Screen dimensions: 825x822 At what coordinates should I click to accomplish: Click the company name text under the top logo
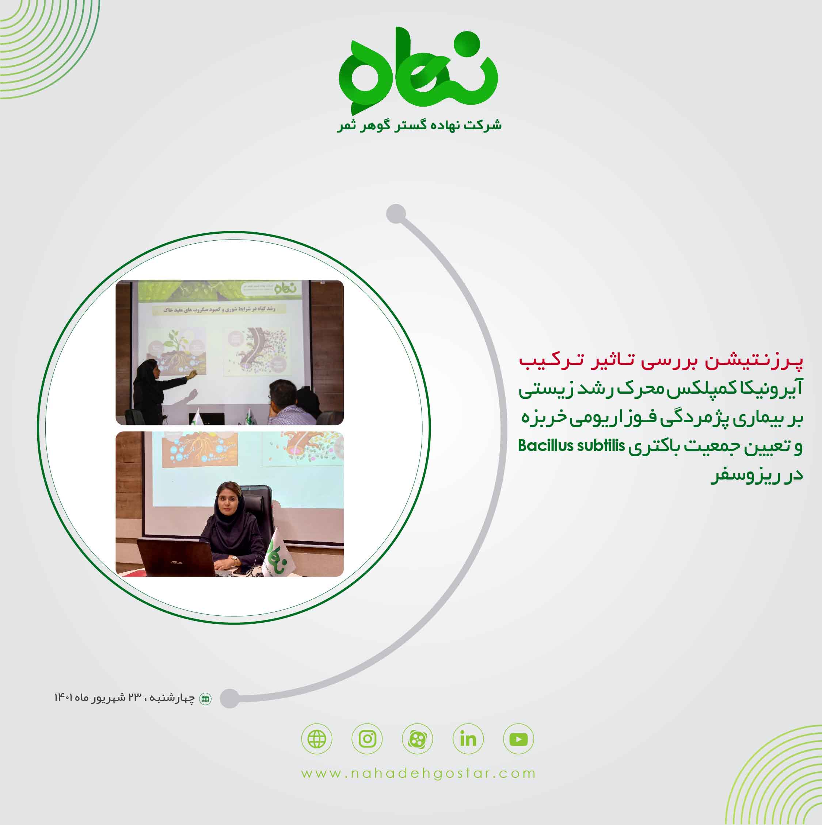pyautogui.click(x=419, y=126)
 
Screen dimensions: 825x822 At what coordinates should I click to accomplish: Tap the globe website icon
pyautogui.click(x=317, y=739)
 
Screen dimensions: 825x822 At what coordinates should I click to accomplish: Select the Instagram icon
pyautogui.click(x=367, y=739)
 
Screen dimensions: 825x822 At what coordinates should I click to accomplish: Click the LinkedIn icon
pyautogui.click(x=468, y=739)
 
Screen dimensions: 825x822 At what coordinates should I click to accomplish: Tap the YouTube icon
pyautogui.click(x=518, y=739)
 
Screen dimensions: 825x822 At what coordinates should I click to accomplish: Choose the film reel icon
pyautogui.click(x=418, y=739)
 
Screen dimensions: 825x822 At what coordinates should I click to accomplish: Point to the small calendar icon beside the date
pyautogui.click(x=205, y=699)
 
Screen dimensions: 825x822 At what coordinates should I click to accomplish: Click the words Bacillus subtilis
pyautogui.click(x=571, y=446)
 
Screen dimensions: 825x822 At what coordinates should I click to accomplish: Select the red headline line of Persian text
pyautogui.click(x=661, y=361)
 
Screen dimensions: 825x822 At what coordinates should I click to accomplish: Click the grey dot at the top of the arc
pyautogui.click(x=396, y=214)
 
